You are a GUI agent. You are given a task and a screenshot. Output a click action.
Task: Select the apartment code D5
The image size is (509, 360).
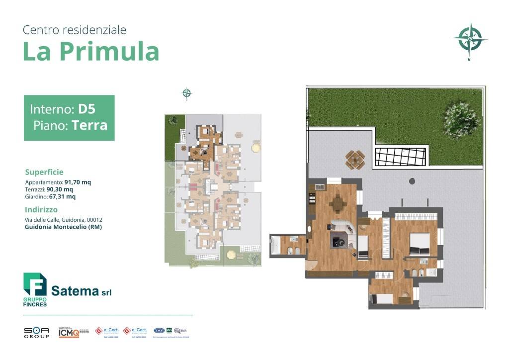pyautogui.click(x=87, y=109)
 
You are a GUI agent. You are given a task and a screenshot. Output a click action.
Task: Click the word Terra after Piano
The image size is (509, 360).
pyautogui.click(x=89, y=125)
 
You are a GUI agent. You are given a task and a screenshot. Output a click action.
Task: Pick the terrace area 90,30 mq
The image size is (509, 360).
pyautogui.click(x=60, y=189)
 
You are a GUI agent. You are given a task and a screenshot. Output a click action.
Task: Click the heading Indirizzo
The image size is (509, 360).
pyautogui.click(x=41, y=210)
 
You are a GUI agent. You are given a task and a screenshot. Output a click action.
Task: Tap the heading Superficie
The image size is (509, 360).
pyautogui.click(x=44, y=172)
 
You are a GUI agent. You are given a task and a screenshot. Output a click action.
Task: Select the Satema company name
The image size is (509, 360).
pyautogui.click(x=76, y=291)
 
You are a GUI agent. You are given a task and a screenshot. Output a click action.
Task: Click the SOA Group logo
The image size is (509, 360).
pyautogui.click(x=36, y=332)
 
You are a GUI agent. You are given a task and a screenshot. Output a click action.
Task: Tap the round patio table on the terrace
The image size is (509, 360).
pyautogui.click(x=355, y=159)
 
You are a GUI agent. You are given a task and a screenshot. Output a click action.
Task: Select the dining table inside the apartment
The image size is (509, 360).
pyautogui.click(x=338, y=203)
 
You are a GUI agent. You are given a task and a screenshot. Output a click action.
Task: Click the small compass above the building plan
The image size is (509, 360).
pyautogui.click(x=187, y=92)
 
